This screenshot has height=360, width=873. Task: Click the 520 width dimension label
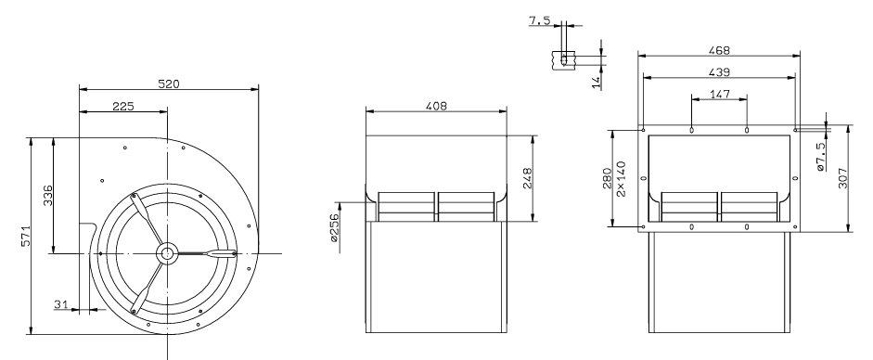click(x=169, y=84)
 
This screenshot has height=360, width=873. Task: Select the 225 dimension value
click(x=123, y=107)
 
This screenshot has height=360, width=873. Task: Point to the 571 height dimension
click(x=26, y=236)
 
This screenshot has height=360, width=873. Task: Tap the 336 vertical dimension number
click(x=48, y=195)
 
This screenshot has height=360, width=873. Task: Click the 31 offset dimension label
click(x=60, y=304)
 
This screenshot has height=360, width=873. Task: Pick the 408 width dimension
click(x=436, y=106)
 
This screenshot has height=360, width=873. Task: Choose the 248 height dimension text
click(x=528, y=179)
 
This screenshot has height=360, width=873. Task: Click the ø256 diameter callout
click(x=334, y=227)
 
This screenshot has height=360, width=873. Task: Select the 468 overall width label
click(x=719, y=50)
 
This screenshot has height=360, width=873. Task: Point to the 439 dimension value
click(x=719, y=72)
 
